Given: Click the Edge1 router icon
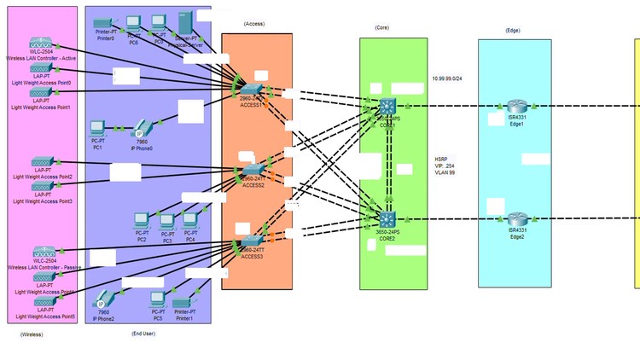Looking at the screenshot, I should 515,106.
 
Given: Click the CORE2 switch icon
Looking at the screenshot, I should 387,218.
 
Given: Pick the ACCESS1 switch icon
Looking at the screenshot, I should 252,90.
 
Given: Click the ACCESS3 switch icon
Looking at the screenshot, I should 251,241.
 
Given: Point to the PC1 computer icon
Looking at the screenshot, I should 97,130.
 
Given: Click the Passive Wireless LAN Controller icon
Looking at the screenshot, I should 42,253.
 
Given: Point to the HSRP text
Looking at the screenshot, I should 441,160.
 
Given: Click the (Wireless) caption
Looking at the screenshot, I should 32,334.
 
